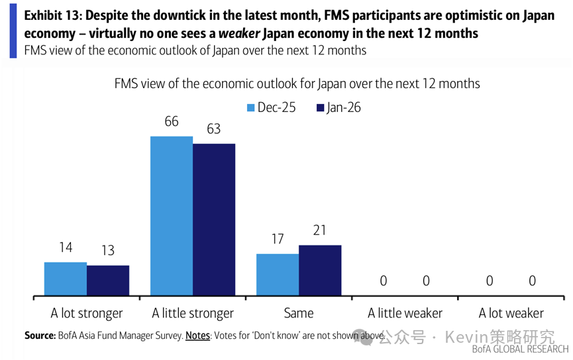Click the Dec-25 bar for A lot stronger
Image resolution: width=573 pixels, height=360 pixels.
coord(66,279)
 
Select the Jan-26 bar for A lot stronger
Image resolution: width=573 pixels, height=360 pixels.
coord(108,280)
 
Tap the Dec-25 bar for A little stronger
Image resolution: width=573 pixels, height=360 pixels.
coord(172,216)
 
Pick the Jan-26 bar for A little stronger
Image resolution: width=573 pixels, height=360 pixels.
coord(214,219)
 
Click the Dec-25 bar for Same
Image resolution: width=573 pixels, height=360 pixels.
coord(278,274)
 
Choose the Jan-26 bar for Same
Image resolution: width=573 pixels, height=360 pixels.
coord(320,270)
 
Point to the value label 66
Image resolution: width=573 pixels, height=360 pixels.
coord(172,121)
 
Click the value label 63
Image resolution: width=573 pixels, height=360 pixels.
coord(213,129)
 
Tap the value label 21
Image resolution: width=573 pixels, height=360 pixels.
coord(320,231)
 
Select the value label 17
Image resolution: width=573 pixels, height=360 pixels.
coord(278,239)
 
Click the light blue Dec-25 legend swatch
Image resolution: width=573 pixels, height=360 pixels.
coord(251,107)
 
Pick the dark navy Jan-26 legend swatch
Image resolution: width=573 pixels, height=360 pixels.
coord(321,107)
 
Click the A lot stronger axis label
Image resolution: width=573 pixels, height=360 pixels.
coord(87,313)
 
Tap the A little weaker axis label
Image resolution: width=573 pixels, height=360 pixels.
coord(405,313)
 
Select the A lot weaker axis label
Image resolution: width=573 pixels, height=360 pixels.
coord(511,313)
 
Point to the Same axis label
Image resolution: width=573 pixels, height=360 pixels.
coord(299,313)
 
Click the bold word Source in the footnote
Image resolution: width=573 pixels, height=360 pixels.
coord(39,335)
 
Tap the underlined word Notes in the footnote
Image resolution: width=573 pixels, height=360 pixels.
coord(197,335)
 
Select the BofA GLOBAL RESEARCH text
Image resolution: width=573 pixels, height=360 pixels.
coord(520,349)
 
